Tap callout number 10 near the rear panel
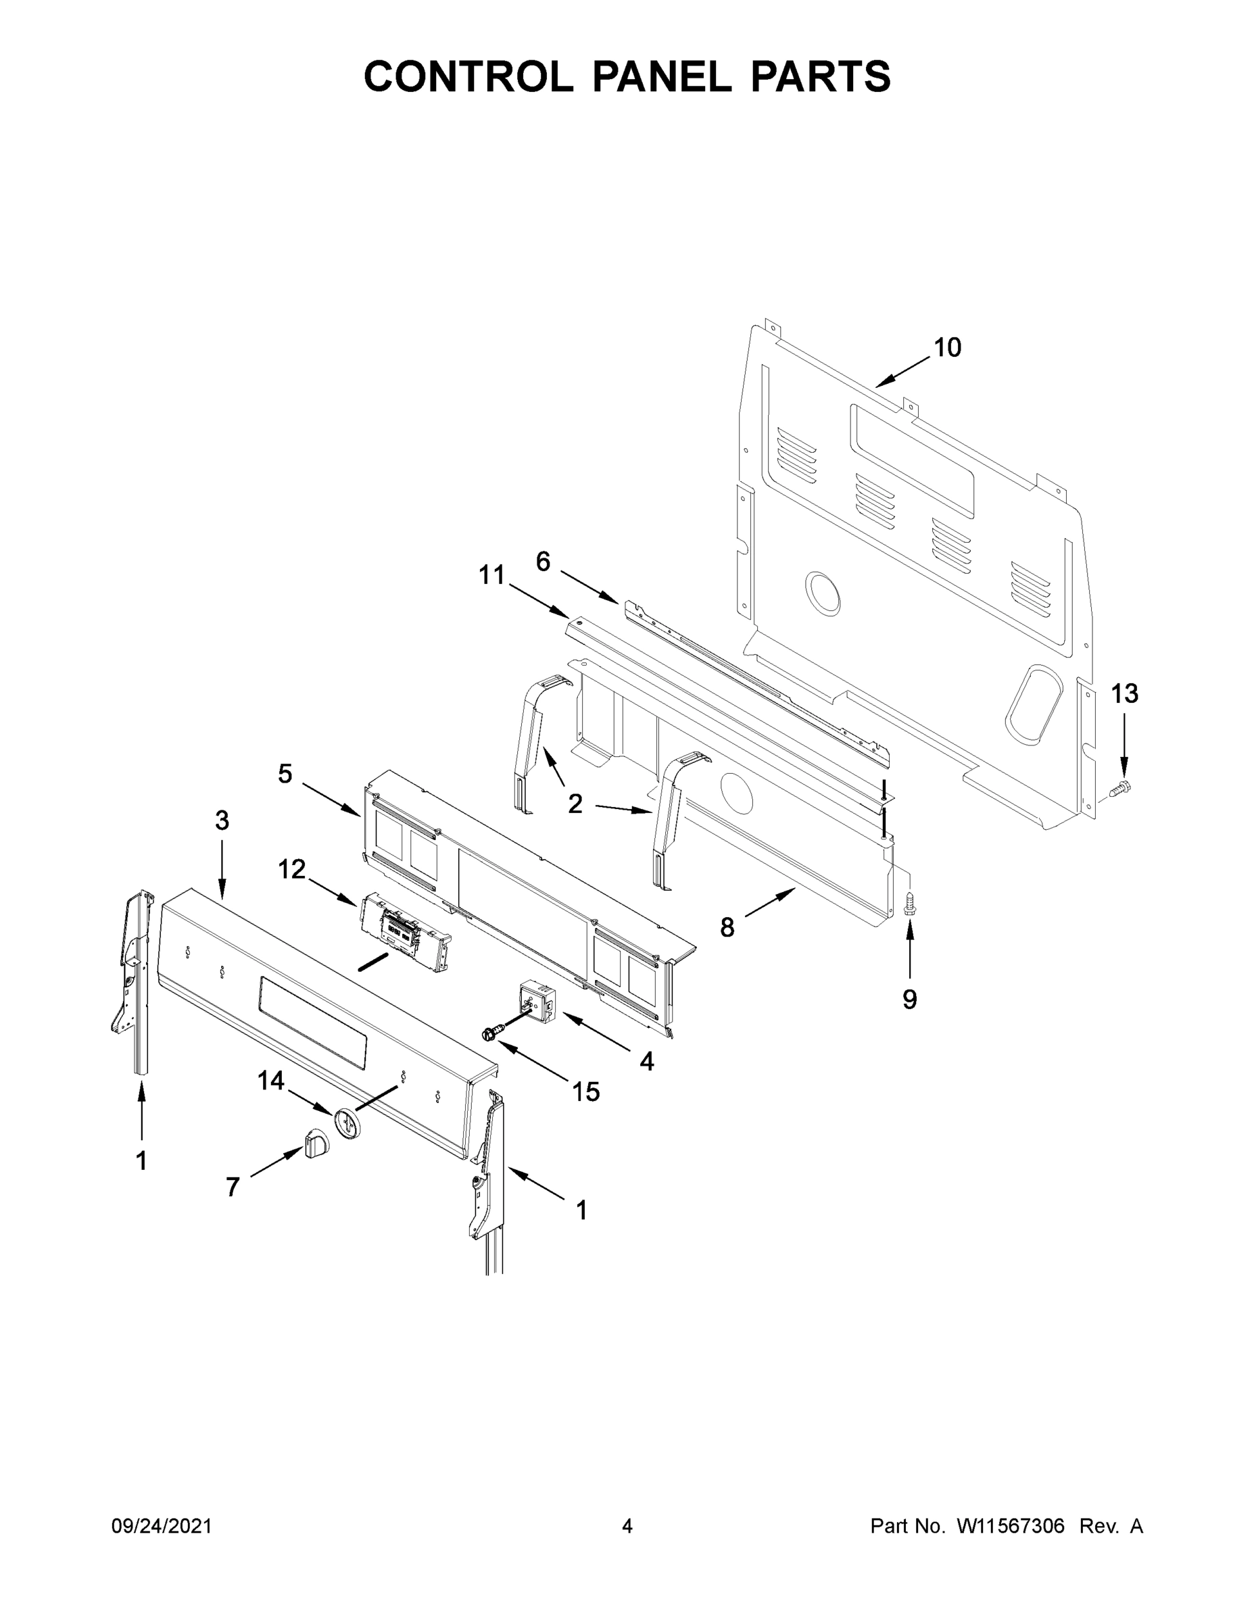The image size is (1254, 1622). (x=947, y=347)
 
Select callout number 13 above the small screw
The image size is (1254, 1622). (x=1124, y=693)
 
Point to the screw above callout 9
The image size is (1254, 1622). (x=909, y=904)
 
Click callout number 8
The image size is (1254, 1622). (x=727, y=927)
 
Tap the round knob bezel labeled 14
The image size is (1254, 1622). (x=346, y=1121)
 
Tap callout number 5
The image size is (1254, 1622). (x=285, y=775)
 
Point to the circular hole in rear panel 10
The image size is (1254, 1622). (x=823, y=594)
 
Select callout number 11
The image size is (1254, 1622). (x=491, y=575)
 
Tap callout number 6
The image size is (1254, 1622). (x=543, y=562)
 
